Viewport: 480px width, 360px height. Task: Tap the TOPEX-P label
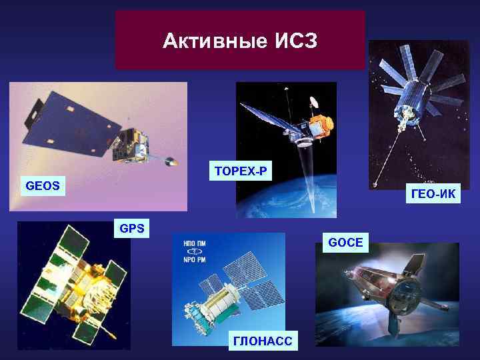point(240,171)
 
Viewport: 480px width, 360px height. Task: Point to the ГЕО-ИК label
point(433,194)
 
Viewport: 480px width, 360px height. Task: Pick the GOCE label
point(345,242)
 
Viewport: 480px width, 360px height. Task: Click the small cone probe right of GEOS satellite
point(171,161)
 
